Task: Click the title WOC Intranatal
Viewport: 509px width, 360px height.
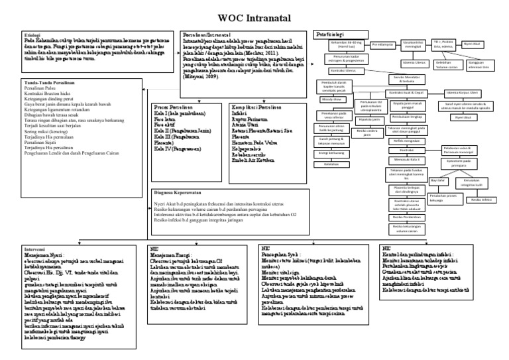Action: (x=254, y=17)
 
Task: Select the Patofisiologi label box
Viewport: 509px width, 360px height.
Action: (x=327, y=34)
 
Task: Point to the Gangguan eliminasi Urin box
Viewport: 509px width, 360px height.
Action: (x=470, y=67)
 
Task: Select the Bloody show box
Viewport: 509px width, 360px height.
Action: (x=332, y=98)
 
